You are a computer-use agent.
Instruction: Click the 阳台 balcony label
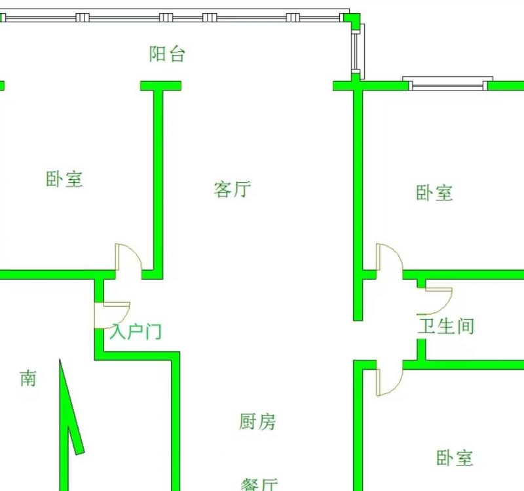167,54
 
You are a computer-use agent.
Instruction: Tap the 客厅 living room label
232,189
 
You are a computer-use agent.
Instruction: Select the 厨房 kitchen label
257,422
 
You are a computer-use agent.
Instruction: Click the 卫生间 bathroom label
446,325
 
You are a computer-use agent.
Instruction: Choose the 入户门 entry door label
136,332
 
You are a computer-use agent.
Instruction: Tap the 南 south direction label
28,378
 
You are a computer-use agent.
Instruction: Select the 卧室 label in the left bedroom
64,178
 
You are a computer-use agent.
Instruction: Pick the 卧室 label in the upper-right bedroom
434,193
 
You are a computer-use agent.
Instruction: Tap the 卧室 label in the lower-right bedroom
455,457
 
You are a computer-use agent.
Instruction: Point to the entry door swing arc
112,314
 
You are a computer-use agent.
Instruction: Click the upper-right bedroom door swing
389,257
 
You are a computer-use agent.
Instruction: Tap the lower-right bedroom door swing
389,380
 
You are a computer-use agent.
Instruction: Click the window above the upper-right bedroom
447,84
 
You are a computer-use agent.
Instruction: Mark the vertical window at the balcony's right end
356,52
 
